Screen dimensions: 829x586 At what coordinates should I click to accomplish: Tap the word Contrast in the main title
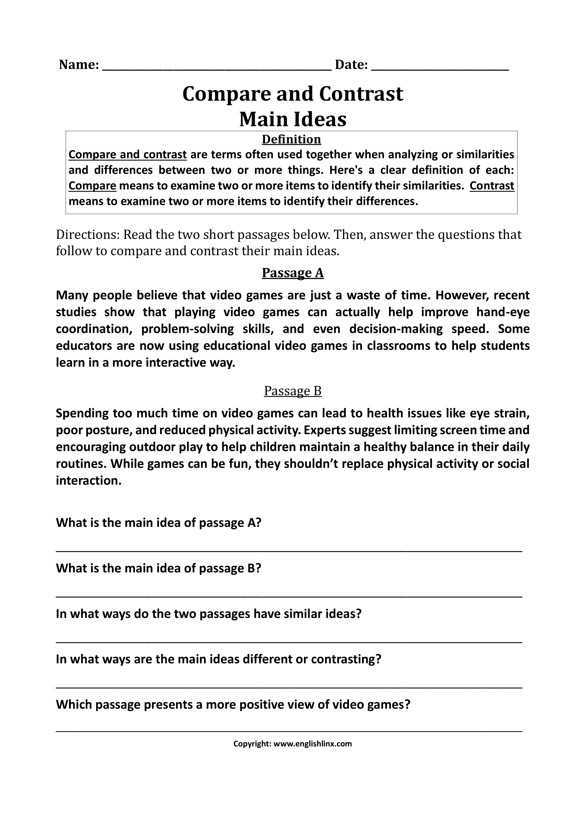[x=361, y=94]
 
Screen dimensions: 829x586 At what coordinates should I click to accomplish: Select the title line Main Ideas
[x=293, y=119]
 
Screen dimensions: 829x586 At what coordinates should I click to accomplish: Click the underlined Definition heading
[x=291, y=139]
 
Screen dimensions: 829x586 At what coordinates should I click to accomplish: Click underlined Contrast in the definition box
[x=491, y=186]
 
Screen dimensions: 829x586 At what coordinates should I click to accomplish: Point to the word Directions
[x=87, y=235]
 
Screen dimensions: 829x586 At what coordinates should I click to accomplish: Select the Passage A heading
[x=293, y=273]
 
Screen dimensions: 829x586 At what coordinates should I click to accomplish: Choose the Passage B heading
[x=293, y=391]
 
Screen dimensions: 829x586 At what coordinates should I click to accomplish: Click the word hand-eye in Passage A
[x=503, y=312]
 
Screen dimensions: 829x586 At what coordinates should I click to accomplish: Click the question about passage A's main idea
[x=158, y=522]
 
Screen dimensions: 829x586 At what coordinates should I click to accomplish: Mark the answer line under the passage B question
[x=289, y=596]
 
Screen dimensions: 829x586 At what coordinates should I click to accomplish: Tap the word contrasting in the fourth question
[x=346, y=659]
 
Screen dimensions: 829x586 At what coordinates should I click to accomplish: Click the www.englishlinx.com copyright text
[x=312, y=744]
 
